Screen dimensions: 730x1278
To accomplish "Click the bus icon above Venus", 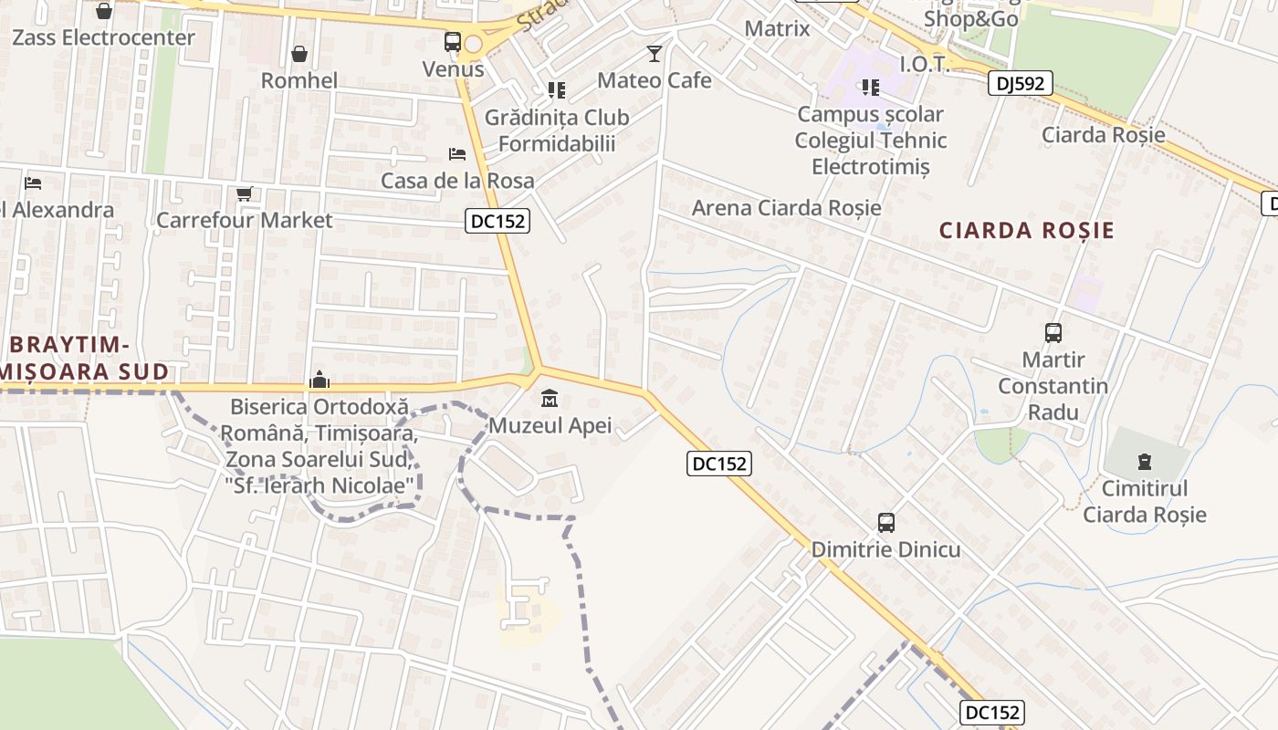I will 453,42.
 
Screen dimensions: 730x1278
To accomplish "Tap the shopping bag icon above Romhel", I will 299,55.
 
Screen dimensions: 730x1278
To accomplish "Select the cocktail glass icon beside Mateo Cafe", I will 654,54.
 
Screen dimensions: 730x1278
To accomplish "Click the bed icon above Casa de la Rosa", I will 457,153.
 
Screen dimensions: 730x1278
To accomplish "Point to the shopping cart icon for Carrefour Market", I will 244,193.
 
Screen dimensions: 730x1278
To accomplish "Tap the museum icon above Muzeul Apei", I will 550,399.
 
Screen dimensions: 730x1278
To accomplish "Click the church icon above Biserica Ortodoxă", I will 319,379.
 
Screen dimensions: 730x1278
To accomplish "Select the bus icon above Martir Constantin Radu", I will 1053,333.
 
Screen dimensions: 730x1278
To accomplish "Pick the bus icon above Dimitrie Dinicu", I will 885,523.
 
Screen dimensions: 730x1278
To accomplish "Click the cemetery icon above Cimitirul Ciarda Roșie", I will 1145,462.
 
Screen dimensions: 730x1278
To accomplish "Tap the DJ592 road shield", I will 1021,84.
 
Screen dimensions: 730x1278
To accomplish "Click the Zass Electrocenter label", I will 103,37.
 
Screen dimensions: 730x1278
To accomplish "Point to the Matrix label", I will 777,28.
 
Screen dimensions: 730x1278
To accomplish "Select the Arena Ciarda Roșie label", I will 786,207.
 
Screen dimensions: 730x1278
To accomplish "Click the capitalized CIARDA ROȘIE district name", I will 1027,230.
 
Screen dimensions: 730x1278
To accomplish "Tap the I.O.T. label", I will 925,64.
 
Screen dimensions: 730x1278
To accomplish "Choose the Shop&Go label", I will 971,19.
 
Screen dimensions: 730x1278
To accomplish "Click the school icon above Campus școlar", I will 870,88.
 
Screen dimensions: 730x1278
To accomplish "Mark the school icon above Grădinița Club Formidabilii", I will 556,89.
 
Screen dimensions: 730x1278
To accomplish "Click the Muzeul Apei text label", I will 550,425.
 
